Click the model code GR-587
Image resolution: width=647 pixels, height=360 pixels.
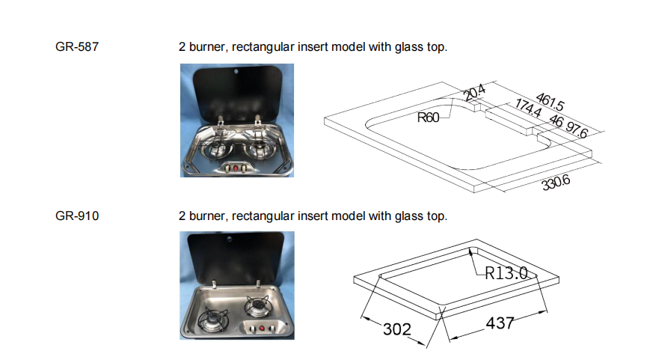pyautogui.click(x=77, y=47)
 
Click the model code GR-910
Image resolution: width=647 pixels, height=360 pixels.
pyautogui.click(x=77, y=216)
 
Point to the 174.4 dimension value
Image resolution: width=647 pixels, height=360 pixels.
pyautogui.click(x=529, y=111)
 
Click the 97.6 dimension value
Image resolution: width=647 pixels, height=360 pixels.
pyautogui.click(x=578, y=130)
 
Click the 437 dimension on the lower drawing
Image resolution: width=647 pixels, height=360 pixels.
pyautogui.click(x=500, y=323)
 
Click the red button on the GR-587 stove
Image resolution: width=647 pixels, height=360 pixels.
pyautogui.click(x=238, y=168)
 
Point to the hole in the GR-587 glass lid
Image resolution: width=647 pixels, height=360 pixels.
pyautogui.click(x=236, y=72)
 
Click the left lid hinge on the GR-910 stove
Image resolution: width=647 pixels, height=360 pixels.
pyautogui.click(x=215, y=284)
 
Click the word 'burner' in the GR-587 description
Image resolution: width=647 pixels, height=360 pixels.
pyautogui.click(x=209, y=47)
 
